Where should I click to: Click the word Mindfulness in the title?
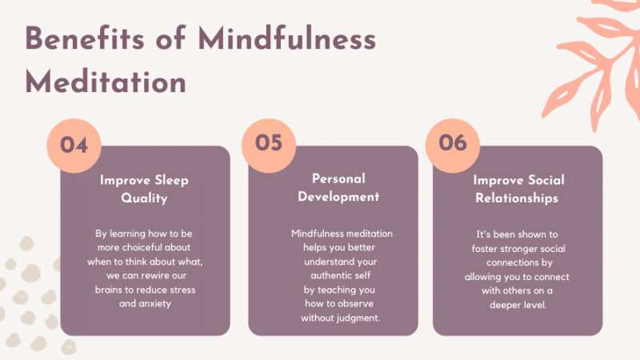286,38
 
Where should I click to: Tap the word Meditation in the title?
106,82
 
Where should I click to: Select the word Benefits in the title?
85,38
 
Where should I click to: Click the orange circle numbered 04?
74,146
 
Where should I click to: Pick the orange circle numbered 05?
269,146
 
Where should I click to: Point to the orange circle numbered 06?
453,146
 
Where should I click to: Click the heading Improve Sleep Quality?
144,189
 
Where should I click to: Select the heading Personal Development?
338,187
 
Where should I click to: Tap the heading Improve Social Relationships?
518,189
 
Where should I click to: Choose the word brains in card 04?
109,290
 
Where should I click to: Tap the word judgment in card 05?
360,318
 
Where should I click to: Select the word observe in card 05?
357,304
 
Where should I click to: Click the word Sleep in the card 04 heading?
171,180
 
